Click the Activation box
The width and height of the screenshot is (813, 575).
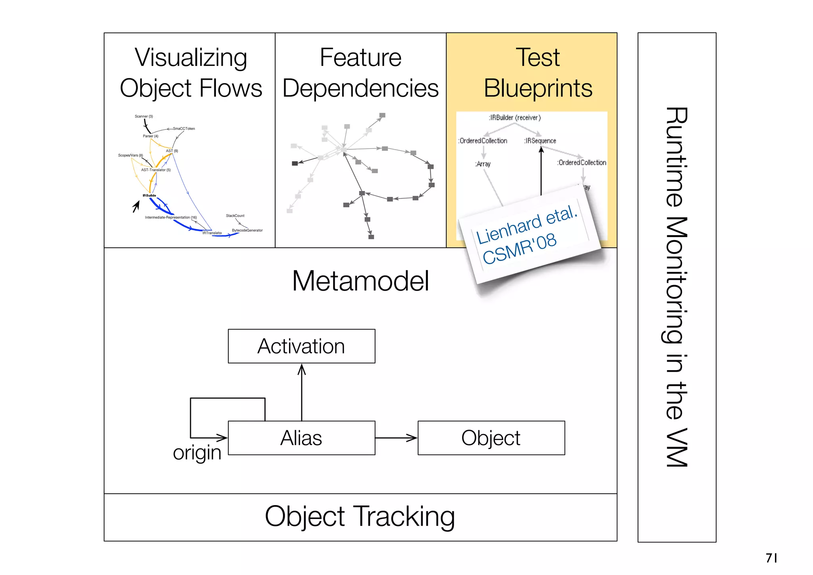tap(301, 346)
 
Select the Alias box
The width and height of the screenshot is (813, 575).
tap(301, 438)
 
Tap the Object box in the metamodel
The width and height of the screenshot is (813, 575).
tap(491, 438)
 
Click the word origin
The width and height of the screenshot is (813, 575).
tap(197, 453)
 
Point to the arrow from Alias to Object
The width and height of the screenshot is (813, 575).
tap(396, 438)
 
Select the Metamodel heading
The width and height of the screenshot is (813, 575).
tap(360, 281)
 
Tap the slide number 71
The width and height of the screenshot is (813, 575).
tap(771, 558)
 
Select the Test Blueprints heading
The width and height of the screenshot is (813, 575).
tap(538, 73)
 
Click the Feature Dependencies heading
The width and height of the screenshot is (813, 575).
tap(360, 73)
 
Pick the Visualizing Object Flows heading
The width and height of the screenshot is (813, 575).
tap(191, 73)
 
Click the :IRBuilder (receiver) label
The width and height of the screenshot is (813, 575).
tap(514, 118)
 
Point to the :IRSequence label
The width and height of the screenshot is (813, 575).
tap(540, 141)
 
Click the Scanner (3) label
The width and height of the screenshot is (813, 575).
tap(144, 116)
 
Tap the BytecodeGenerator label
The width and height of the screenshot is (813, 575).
tap(247, 230)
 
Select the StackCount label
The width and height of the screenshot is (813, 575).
tap(235, 216)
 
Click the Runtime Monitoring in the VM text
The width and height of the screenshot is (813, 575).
tap(676, 287)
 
